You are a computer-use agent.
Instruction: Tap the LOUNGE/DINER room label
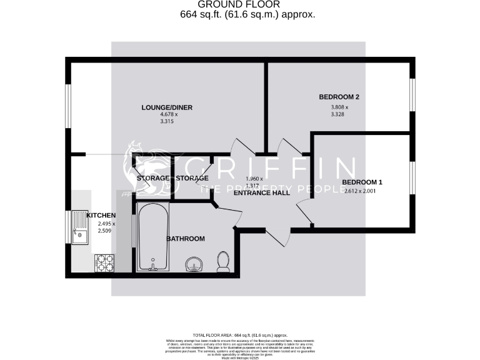coord(166,107)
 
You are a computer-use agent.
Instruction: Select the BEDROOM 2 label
coord(339,97)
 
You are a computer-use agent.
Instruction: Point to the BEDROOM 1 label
coord(362,182)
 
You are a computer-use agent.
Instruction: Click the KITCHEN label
coord(101,215)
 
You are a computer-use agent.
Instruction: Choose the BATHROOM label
coord(186,239)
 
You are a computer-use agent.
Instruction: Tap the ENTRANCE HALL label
coord(262,193)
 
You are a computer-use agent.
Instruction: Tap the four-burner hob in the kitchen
coord(104,262)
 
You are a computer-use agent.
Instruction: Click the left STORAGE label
coord(152,179)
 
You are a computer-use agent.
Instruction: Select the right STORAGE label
coord(192,179)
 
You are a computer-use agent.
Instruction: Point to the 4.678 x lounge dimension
coord(169,115)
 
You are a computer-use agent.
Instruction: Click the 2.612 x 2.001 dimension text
coord(362,191)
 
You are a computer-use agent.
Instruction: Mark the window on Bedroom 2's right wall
coord(412,96)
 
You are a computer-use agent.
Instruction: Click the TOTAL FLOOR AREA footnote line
coord(240,336)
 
